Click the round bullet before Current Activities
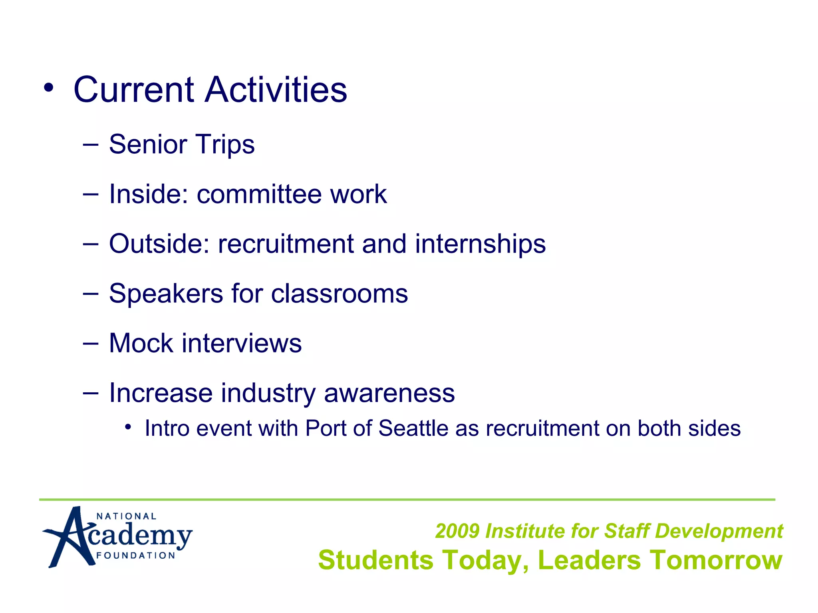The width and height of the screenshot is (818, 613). pyautogui.click(x=48, y=88)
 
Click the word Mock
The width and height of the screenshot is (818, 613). pyautogui.click(x=141, y=343)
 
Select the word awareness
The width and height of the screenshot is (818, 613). pyautogui.click(x=389, y=393)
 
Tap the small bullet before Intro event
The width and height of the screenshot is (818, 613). pyautogui.click(x=128, y=427)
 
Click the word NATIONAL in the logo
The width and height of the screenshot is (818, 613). pyautogui.click(x=126, y=516)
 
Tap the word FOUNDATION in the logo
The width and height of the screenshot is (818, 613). pyautogui.click(x=136, y=556)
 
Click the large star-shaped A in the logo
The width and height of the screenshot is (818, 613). pyautogui.click(x=70, y=537)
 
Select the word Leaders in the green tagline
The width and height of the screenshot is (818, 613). pyautogui.click(x=589, y=560)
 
